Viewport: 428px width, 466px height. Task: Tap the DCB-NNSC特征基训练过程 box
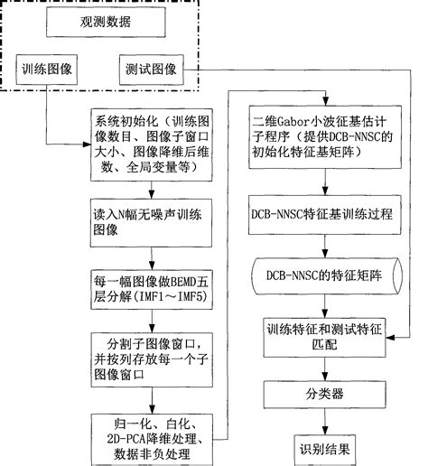tap(322, 218)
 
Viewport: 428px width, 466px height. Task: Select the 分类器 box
tap(322, 394)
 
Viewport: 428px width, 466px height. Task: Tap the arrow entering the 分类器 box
tap(322, 368)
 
